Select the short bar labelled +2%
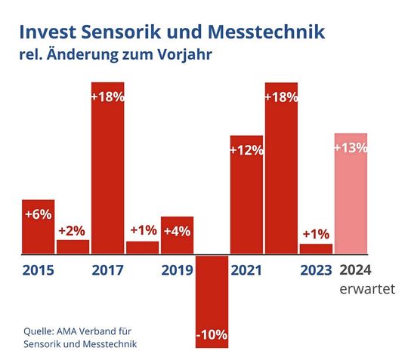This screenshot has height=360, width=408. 73,246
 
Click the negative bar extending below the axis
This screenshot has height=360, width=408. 212,301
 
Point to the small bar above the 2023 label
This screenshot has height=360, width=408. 316,248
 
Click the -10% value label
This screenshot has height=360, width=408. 212,334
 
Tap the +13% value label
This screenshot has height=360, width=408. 351,147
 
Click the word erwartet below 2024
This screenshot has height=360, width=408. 356,290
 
